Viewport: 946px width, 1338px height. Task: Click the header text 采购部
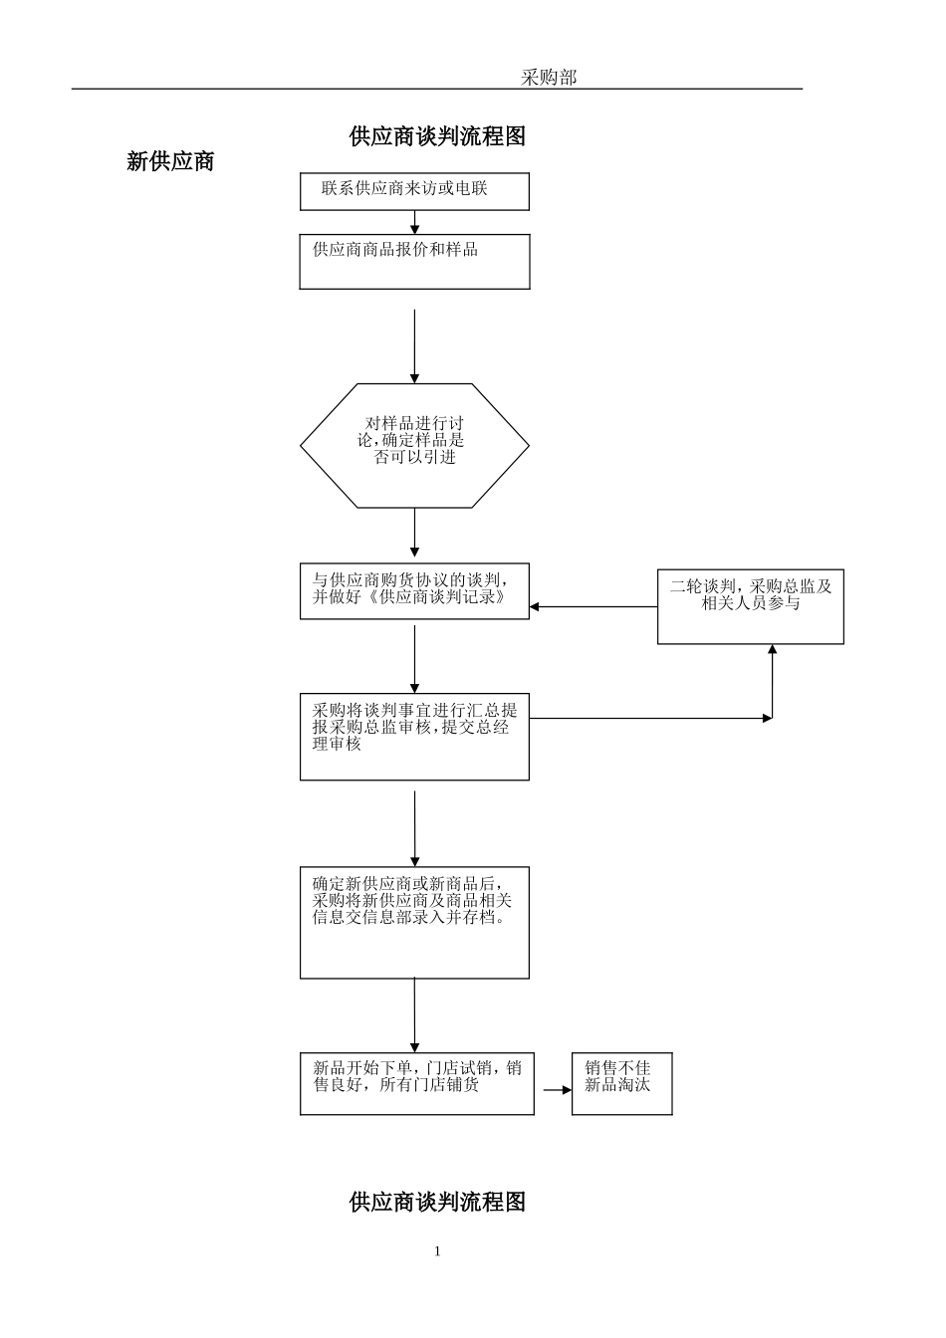pyautogui.click(x=549, y=78)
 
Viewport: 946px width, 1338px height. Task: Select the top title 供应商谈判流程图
pyautogui.click(x=437, y=137)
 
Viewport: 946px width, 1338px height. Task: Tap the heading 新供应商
pyautogui.click(x=170, y=161)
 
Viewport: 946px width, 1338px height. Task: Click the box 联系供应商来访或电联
pyautogui.click(x=414, y=191)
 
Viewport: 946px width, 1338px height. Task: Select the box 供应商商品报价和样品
pyautogui.click(x=414, y=262)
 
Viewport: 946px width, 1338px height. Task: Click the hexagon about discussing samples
pyautogui.click(x=414, y=445)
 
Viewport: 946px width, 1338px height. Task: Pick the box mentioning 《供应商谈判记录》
pyautogui.click(x=414, y=591)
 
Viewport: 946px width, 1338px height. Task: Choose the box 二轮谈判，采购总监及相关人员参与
pyautogui.click(x=750, y=606)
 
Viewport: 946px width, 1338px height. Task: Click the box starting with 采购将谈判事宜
pyautogui.click(x=414, y=737)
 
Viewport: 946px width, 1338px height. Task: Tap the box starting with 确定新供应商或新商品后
pyautogui.click(x=414, y=922)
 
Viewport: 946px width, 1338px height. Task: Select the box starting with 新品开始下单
pyautogui.click(x=416, y=1083)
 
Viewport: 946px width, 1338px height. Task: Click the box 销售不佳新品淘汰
pyautogui.click(x=621, y=1083)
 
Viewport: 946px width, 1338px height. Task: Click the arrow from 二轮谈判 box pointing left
pyautogui.click(x=593, y=606)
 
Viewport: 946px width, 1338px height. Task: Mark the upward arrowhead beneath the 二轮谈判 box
pyautogui.click(x=773, y=650)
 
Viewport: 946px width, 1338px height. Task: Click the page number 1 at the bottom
pyautogui.click(x=437, y=1251)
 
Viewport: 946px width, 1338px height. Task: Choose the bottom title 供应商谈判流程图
pyautogui.click(x=437, y=1202)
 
